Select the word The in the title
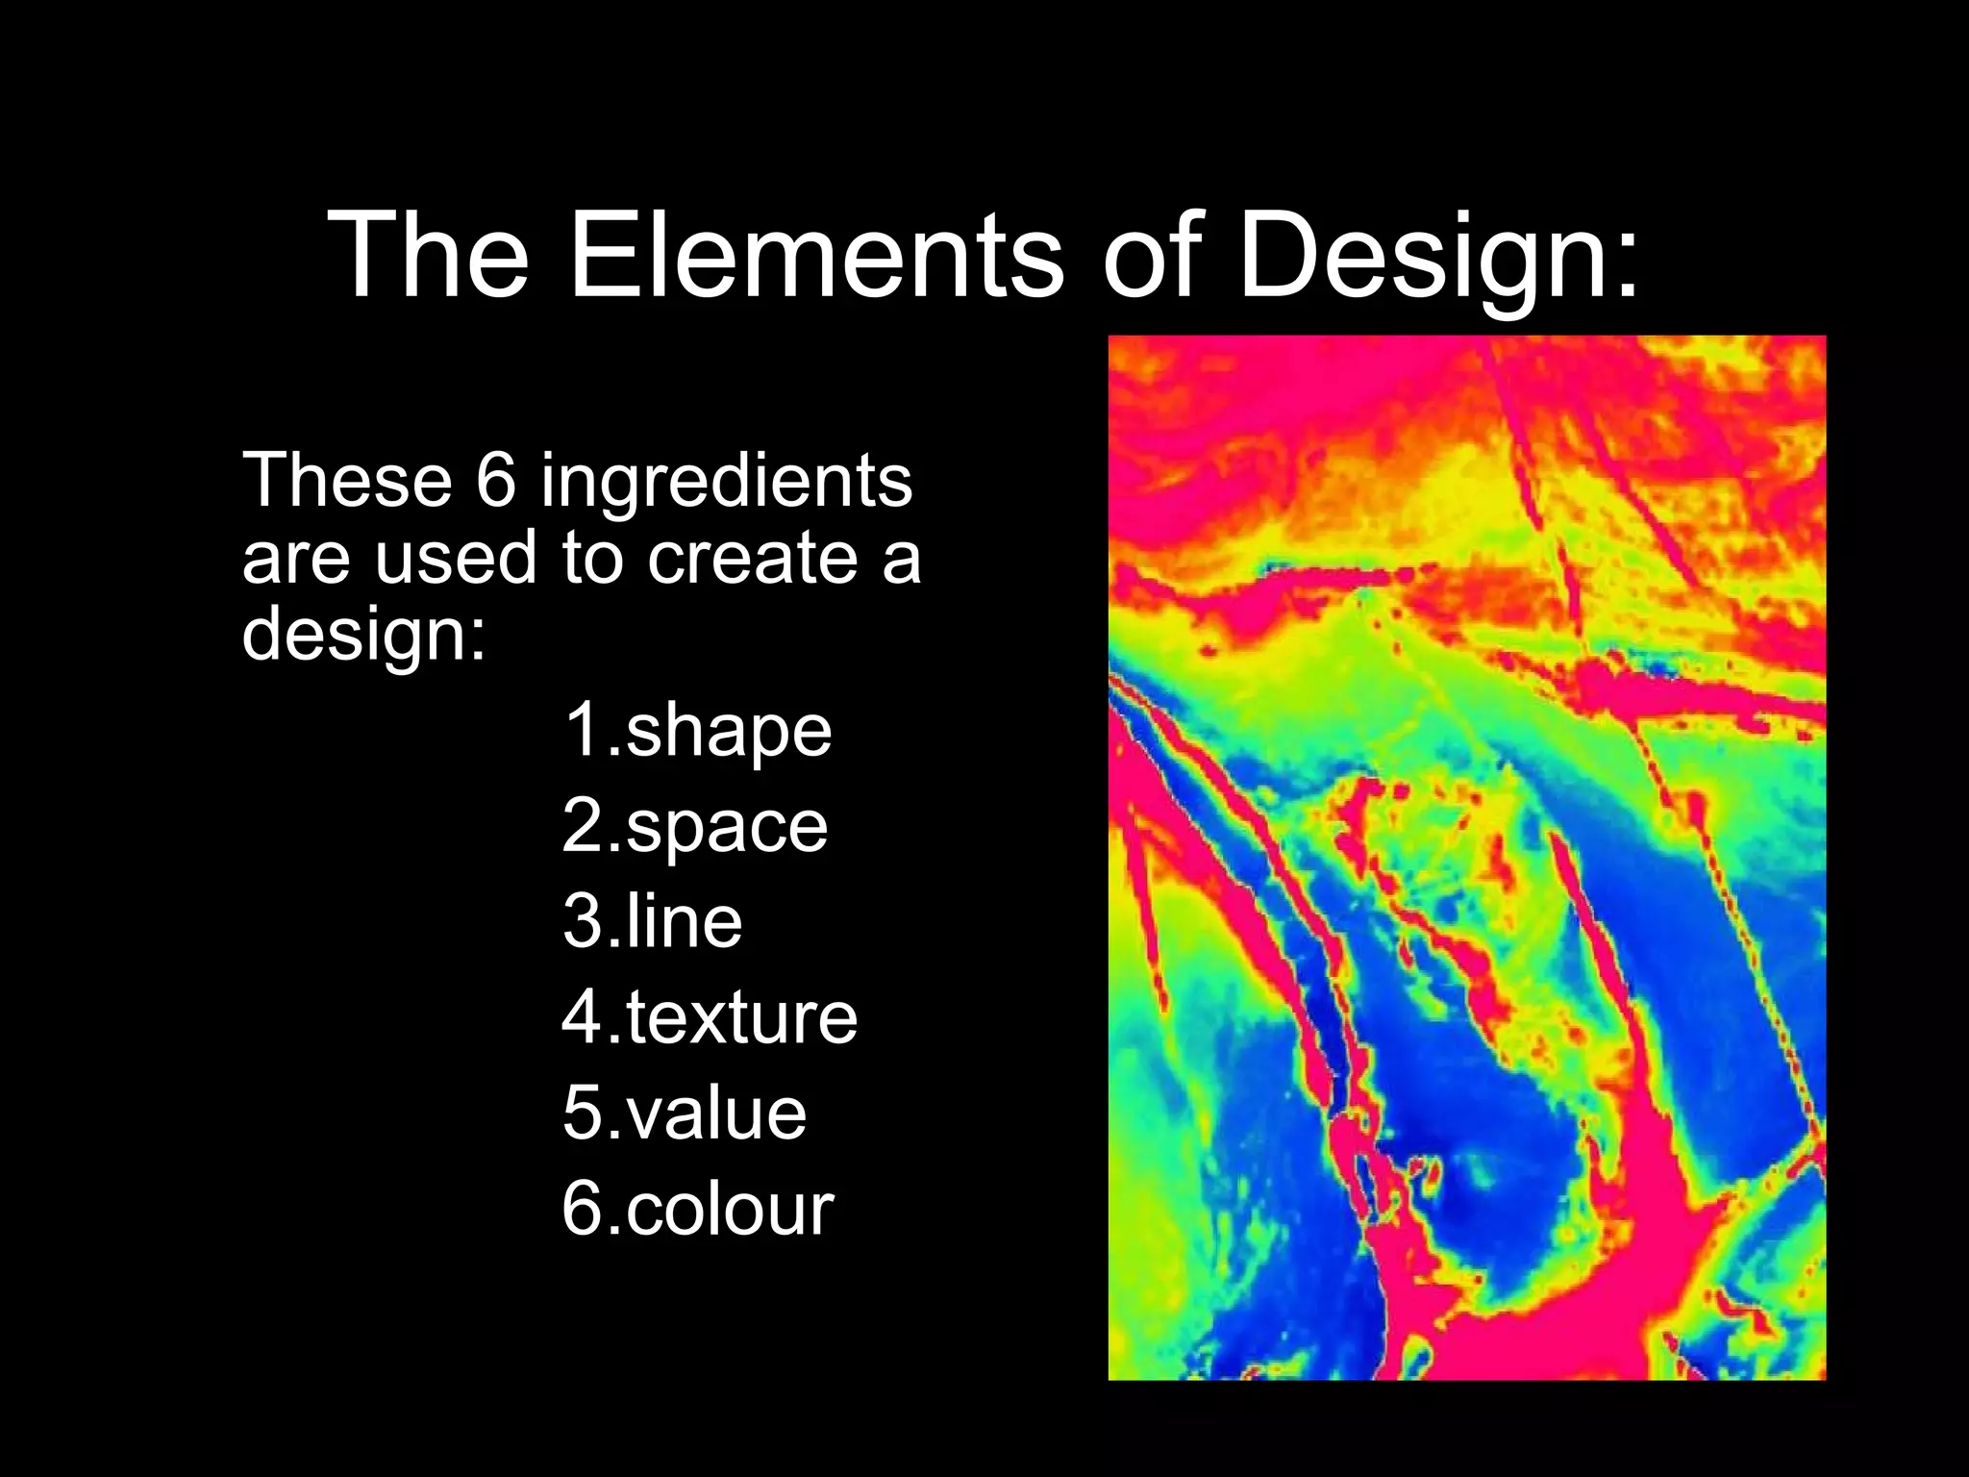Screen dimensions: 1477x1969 [x=429, y=256]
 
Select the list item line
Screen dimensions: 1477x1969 [x=684, y=921]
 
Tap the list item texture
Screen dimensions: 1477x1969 [x=741, y=1017]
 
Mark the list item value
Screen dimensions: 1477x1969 [x=716, y=1113]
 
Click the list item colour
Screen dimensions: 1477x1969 [x=730, y=1209]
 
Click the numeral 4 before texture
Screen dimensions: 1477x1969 [x=583, y=1017]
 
